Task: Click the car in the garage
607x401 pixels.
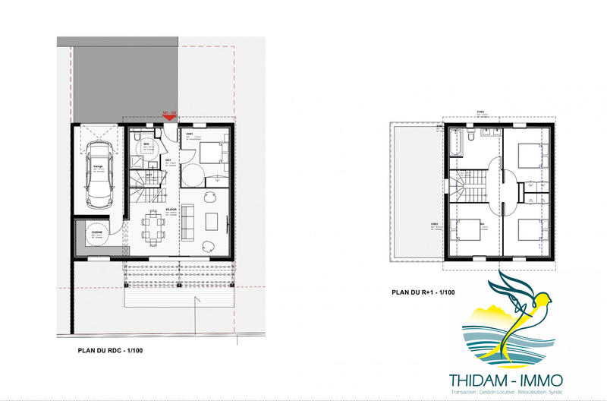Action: tap(98, 172)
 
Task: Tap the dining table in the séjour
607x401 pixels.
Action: tap(155, 225)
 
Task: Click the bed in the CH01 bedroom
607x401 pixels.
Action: tap(212, 152)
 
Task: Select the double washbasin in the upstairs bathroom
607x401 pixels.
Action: tap(489, 137)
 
